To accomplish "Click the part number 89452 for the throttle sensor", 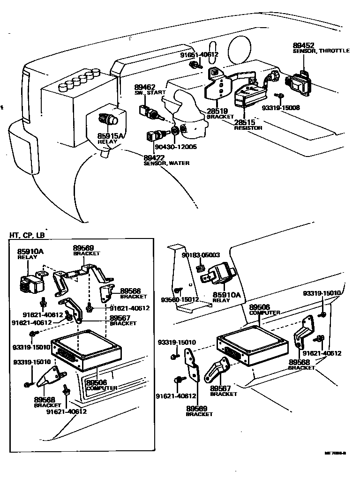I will pos(304,45).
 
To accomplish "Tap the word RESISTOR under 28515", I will pos(248,127).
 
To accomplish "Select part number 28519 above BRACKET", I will pos(217,111).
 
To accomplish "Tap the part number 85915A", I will pos(111,135).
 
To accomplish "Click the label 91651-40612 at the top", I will pos(199,54).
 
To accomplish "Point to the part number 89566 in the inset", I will pos(130,291).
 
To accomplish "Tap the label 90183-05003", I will pos(201,255).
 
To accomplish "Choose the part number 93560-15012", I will pos(180,299).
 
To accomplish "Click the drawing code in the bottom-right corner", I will pos(335,453).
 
